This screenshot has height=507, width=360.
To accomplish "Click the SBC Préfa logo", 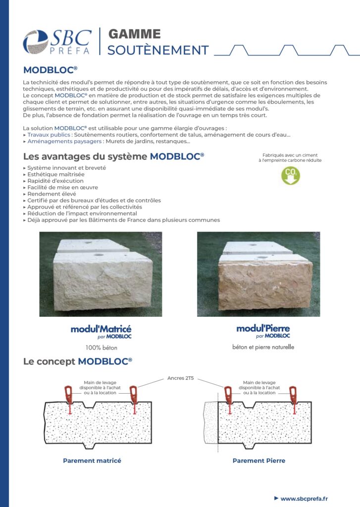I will pos(57,42).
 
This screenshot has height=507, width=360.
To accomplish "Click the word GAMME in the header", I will pos(134,34).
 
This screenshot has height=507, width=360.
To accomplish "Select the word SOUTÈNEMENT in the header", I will pos(158,50).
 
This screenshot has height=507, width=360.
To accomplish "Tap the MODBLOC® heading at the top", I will pos(50,69).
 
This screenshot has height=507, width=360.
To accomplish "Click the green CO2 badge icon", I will pos(290,176).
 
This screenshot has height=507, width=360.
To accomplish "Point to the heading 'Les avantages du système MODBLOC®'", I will pos(113,157).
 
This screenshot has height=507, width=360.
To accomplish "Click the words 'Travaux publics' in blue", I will pos(50,135).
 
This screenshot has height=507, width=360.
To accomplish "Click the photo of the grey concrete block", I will pos(101,274).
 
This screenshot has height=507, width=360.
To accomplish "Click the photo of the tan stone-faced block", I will pos(258,274).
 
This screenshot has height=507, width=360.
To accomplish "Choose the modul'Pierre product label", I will pos(263,331).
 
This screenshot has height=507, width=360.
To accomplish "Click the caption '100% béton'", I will pos(101,347).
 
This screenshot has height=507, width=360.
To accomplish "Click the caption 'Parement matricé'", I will pos(92,460).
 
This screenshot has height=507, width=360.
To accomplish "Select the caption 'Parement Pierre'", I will pos(258,460).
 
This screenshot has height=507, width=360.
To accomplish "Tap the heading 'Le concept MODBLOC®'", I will pos(78,361).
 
